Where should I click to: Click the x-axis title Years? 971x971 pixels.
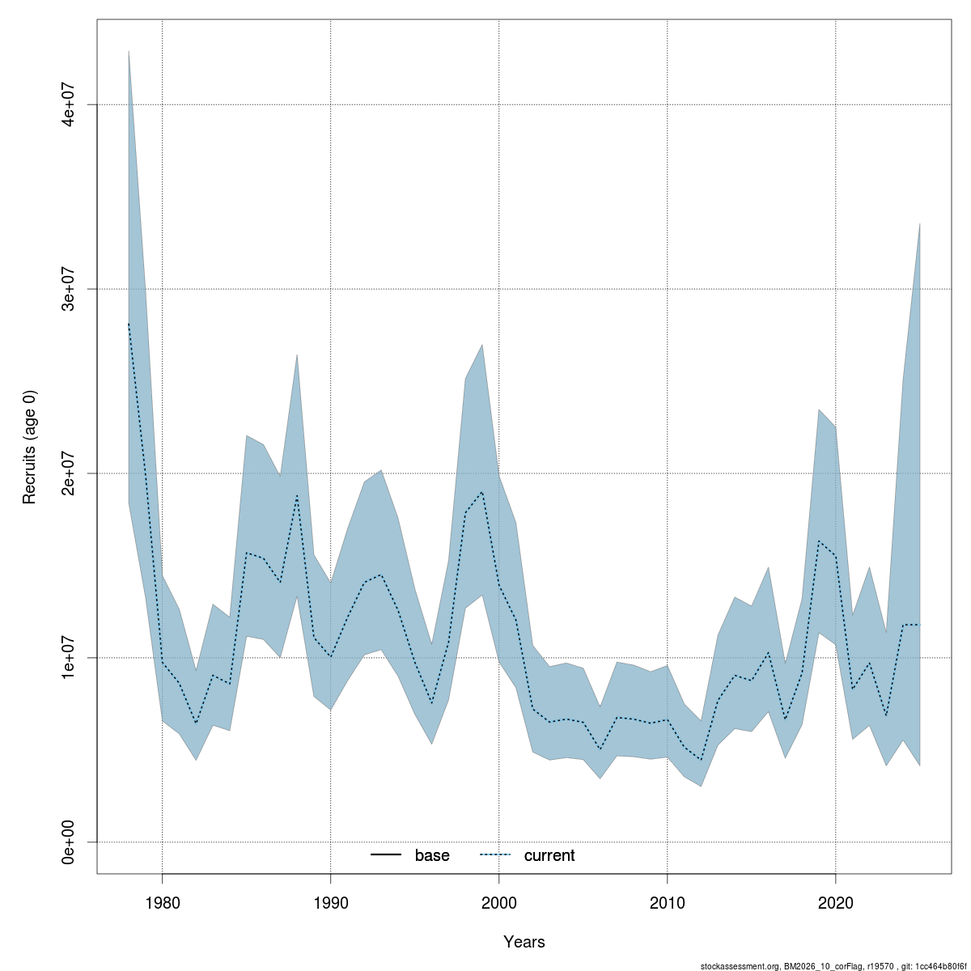tap(524, 942)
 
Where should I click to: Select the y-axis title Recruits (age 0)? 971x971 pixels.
tap(30, 447)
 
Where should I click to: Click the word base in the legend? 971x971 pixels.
tap(432, 856)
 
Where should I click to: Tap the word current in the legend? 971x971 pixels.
tap(549, 856)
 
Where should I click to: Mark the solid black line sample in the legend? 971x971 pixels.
tap(387, 856)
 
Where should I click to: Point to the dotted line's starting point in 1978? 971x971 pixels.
tap(129, 324)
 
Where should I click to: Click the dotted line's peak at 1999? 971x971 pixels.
tap(482, 492)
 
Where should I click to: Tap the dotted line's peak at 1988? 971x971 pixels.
tap(297, 495)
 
